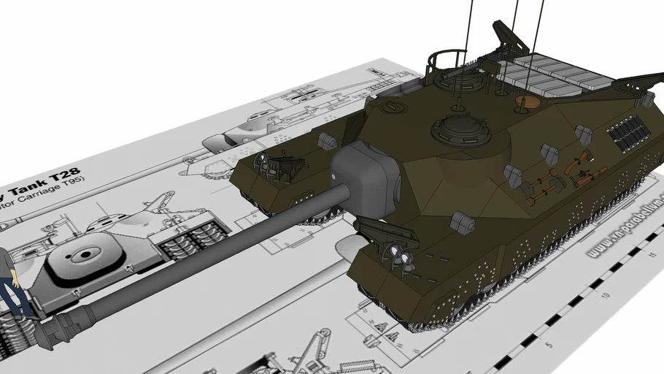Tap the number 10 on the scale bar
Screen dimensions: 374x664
point(606,296)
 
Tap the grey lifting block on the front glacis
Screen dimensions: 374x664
point(463,222)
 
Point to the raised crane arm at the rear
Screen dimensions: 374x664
point(511,37)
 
